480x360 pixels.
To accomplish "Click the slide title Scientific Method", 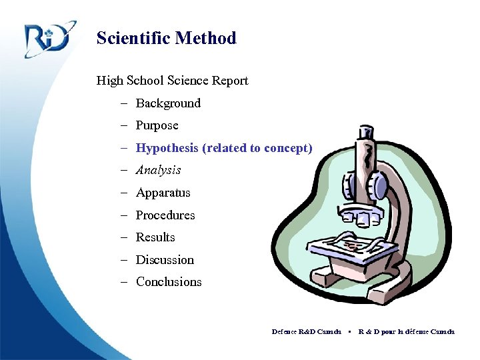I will pyautogui.click(x=166, y=38).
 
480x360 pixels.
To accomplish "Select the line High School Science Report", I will pyautogui.click(x=172, y=81).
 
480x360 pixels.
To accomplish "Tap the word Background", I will pyautogui.click(x=168, y=103).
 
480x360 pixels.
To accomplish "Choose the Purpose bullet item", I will pyautogui.click(x=157, y=125).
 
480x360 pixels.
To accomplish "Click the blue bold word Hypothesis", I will pyautogui.click(x=167, y=148).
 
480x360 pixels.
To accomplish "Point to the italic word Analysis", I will pyautogui.click(x=158, y=170).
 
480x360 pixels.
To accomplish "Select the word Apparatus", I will pyautogui.click(x=163, y=193).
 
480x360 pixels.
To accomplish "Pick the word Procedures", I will pyautogui.click(x=165, y=215).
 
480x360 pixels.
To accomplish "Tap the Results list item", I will pyautogui.click(x=155, y=237).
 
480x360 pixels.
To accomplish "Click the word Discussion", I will pyautogui.click(x=165, y=260).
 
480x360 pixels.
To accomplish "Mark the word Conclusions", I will pyautogui.click(x=169, y=282).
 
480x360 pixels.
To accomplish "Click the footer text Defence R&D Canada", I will pyautogui.click(x=306, y=331).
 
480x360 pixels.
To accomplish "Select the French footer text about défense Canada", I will pyautogui.click(x=406, y=331).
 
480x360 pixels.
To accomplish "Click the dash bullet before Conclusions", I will pyautogui.click(x=125, y=282).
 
